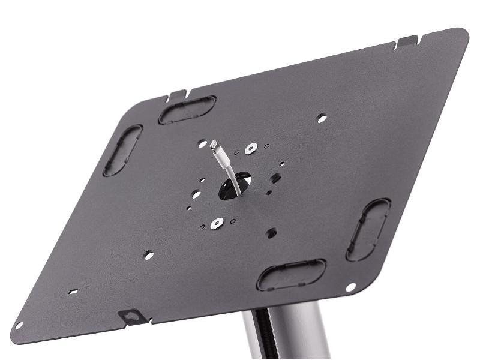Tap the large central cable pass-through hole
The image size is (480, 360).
coord(235,185)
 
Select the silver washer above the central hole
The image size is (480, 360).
coord(250,147)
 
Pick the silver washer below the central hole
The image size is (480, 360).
coord(217,223)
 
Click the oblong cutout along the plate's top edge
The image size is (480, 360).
coord(187,110)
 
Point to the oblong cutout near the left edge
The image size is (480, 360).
coord(122,150)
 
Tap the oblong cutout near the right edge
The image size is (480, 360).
coord(368,229)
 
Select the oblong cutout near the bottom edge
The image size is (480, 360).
coord(292,275)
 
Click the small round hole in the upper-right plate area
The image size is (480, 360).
coord(322,119)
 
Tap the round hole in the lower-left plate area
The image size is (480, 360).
coord(148,255)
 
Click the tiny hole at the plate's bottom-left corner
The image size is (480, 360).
coord(19,326)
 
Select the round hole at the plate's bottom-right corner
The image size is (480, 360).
coord(351,287)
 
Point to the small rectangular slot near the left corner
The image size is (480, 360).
coord(73,292)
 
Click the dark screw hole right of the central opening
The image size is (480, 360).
coord(275,178)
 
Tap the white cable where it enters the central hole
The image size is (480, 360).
coord(236,183)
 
